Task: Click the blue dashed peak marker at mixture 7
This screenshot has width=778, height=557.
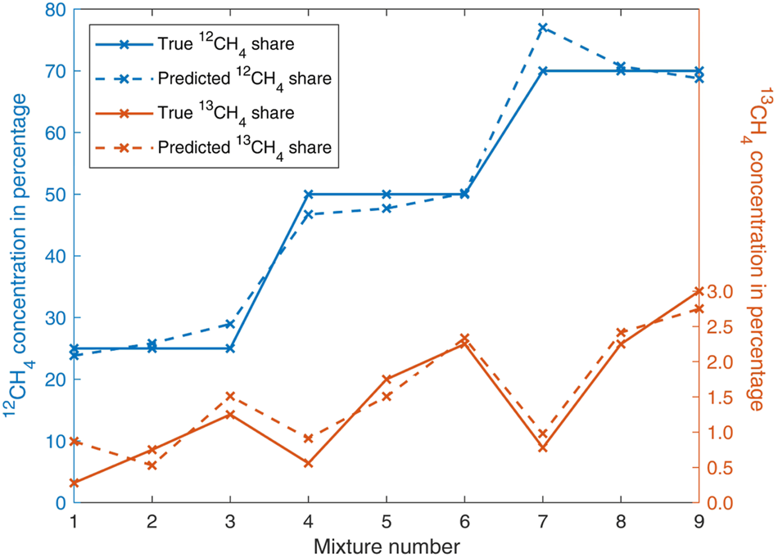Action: tap(542, 28)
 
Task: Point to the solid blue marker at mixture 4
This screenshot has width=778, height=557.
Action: tap(308, 195)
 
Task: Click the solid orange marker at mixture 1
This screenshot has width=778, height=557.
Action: tap(75, 483)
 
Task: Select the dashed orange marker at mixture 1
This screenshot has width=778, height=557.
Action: tap(75, 442)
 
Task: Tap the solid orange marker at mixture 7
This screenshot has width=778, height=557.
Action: tap(542, 447)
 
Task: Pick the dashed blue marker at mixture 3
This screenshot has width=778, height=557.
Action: tap(230, 324)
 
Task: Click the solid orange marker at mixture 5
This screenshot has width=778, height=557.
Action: tap(387, 379)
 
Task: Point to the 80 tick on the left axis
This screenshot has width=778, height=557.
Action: tap(56, 10)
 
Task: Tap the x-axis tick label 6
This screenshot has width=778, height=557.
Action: tap(464, 521)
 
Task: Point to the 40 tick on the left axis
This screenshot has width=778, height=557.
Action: tap(56, 256)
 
